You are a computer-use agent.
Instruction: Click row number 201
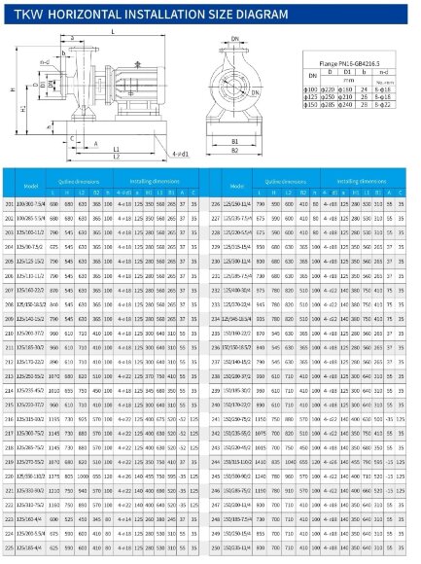point(9,203)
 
